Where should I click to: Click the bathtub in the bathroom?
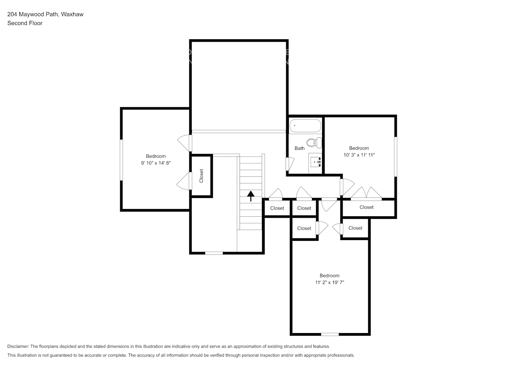tap(305, 126)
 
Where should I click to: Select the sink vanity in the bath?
tap(316, 161)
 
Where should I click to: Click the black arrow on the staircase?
tap(251, 196)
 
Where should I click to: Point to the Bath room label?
tap(299, 148)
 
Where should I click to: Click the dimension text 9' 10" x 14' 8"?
tap(156, 163)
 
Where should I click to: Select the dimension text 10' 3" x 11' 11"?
tap(359, 155)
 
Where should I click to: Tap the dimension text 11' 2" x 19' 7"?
tap(329, 283)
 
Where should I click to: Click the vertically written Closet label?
tap(201, 176)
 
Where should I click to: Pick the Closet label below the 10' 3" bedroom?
tap(366, 207)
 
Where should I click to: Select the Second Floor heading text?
tap(25, 23)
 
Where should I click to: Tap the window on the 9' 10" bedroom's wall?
tap(121, 160)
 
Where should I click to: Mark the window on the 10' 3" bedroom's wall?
tap(395, 157)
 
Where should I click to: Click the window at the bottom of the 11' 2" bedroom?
tap(330, 334)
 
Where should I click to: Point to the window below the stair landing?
tap(214, 253)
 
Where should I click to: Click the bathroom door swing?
tap(290, 163)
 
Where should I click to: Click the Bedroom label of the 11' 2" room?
tap(329, 276)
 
